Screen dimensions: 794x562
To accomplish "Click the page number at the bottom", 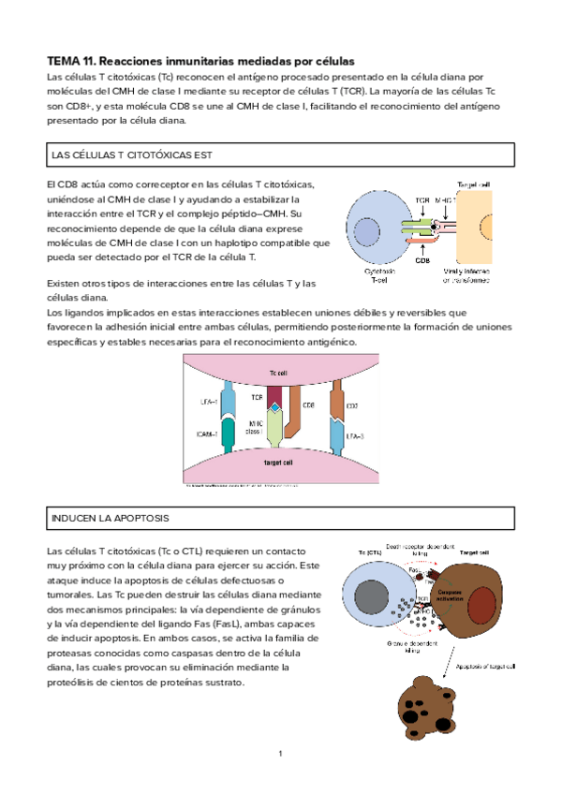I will (x=280, y=754).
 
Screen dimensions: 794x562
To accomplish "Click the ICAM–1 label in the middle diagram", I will (x=209, y=434).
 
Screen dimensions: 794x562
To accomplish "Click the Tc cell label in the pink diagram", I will (x=278, y=374).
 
